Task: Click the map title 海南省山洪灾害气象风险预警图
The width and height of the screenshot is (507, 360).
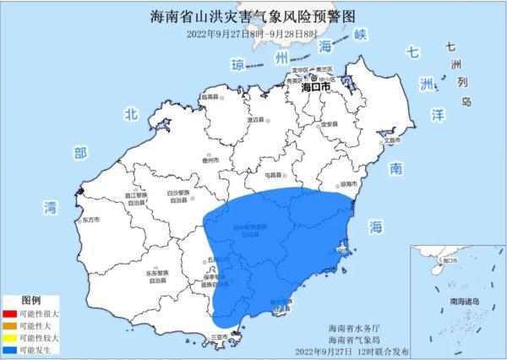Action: click(x=253, y=14)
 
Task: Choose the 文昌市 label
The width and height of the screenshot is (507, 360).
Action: click(x=390, y=140)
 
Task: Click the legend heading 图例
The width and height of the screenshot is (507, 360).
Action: click(x=32, y=300)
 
